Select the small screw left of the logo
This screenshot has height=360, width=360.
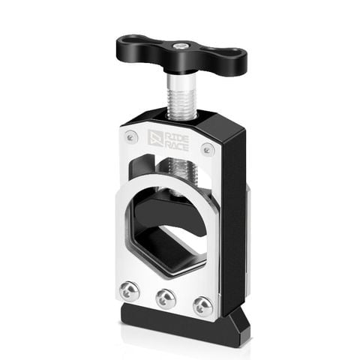[132, 137]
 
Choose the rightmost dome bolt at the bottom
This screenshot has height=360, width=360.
[201, 306]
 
